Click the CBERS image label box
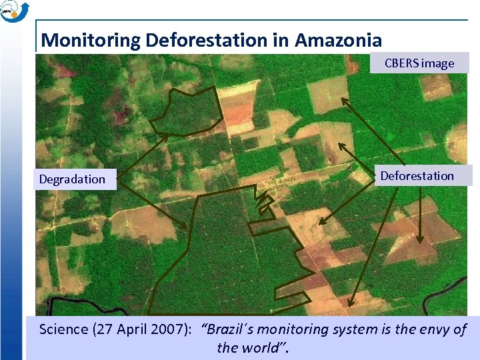click(x=419, y=63)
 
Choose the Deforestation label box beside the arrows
click(x=417, y=176)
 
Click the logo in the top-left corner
click(x=14, y=11)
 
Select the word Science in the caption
click(x=63, y=329)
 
